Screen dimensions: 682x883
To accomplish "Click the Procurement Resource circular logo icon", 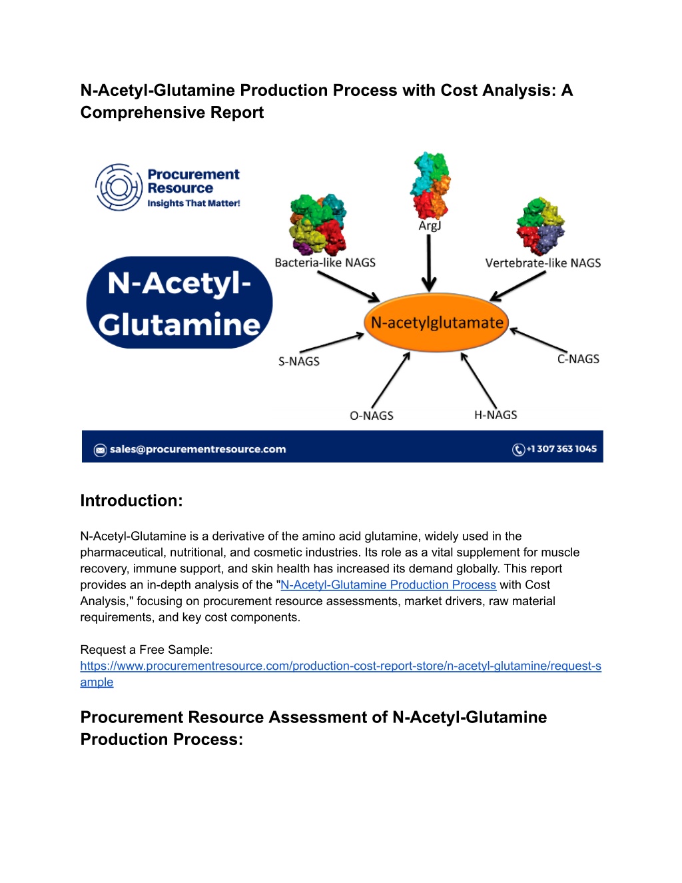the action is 119,187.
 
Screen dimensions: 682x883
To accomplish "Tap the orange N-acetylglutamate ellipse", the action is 436,323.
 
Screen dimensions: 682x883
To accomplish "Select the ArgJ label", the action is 430,225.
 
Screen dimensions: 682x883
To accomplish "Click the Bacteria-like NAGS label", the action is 325,263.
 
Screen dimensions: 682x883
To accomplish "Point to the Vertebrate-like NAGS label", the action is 543,263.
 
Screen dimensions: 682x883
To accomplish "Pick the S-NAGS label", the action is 299,361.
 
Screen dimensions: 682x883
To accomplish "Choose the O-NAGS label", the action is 372,415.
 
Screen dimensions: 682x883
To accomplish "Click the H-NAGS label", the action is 496,415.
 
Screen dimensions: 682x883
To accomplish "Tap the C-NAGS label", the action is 578,359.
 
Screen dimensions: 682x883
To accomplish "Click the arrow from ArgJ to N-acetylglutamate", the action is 429,263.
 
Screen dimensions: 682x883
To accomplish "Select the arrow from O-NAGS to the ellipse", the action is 391,380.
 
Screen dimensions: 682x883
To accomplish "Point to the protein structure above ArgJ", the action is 431,185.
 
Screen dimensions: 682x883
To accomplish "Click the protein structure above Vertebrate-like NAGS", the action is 540,226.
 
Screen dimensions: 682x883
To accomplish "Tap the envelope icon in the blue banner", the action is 101,450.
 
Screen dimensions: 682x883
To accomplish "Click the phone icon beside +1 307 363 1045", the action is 518,449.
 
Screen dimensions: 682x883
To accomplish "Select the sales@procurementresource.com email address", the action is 198,449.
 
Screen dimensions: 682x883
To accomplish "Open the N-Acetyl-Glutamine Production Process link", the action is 388,584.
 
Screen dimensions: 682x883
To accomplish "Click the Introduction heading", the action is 131,500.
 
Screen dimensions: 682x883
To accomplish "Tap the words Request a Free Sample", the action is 146,649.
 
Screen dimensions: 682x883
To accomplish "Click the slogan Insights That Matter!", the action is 194,203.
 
